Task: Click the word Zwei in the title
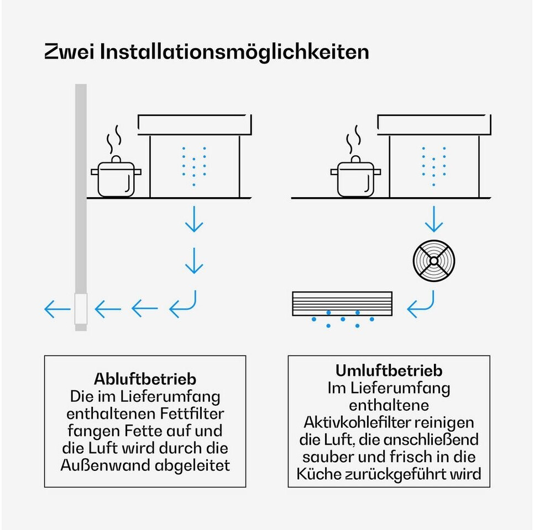point(69,52)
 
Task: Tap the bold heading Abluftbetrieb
point(145,379)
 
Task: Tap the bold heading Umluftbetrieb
point(389,370)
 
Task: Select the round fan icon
point(434,261)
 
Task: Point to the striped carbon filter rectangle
point(342,304)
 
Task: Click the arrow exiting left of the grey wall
point(57,309)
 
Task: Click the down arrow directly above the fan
point(434,219)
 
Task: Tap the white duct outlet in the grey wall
point(81,309)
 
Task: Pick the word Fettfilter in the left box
point(192,414)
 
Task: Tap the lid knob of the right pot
point(355,159)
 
